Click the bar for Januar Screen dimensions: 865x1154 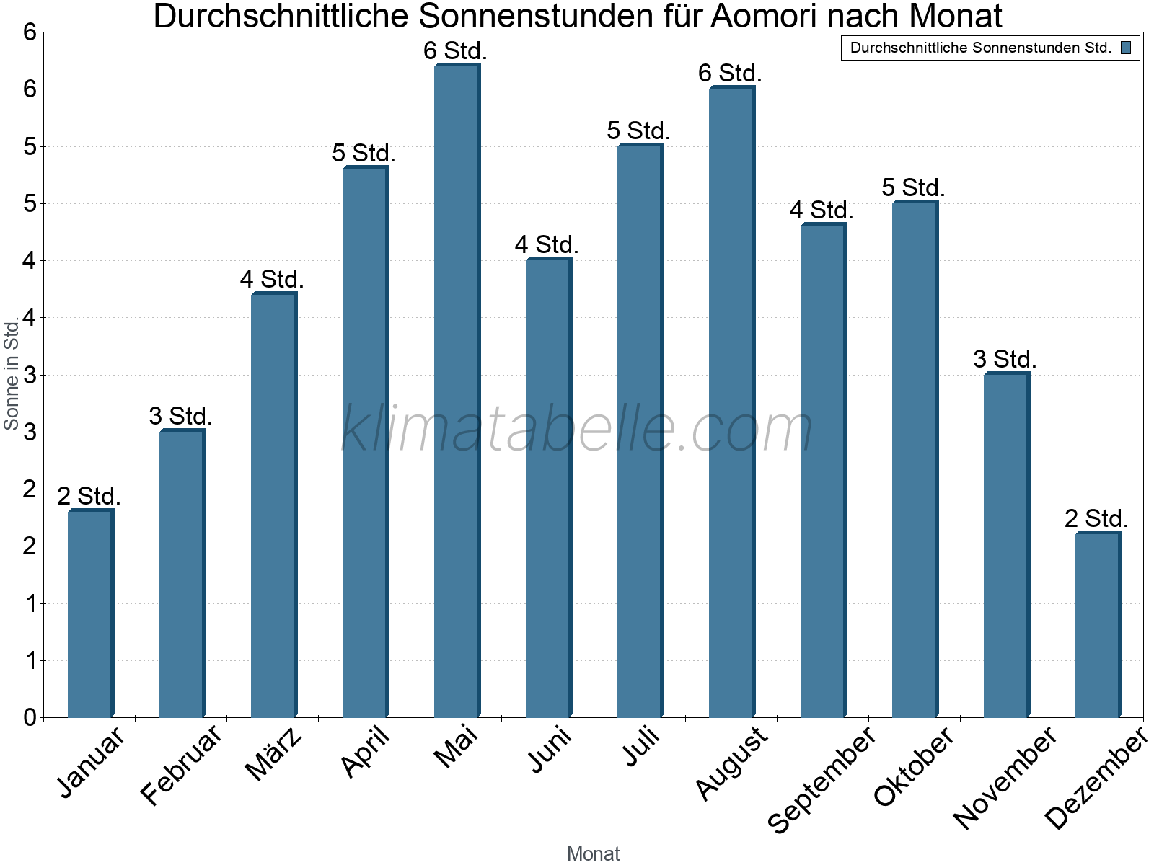[90, 613]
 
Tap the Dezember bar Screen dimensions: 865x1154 [1098, 625]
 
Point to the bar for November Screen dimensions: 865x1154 [1006, 545]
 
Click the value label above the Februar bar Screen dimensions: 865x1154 [181, 416]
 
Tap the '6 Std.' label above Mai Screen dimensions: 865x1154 [456, 50]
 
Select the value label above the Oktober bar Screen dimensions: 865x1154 [913, 187]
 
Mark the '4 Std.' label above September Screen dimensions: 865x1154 [822, 210]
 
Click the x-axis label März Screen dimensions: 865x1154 [273, 755]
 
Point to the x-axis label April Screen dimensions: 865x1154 [366, 752]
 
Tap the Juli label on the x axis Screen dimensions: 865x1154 [641, 747]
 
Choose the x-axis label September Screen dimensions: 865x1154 [822, 779]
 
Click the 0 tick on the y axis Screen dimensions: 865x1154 [30, 717]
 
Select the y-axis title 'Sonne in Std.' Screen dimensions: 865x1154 [12, 375]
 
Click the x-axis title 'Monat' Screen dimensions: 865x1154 [593, 853]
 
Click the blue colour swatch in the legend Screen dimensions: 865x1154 [1126, 48]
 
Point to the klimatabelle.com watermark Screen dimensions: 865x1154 [577, 429]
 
